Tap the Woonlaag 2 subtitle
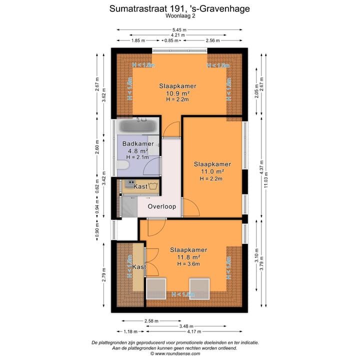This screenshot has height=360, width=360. tap(180, 16)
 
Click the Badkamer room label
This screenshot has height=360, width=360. tap(137, 144)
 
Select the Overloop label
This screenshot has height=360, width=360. tap(161, 206)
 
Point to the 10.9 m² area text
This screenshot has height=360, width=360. tap(177, 93)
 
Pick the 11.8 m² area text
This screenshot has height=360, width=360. tap(188, 257)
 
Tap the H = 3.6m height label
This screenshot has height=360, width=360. tap(188, 264)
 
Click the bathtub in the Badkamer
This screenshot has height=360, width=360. tap(139, 125)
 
